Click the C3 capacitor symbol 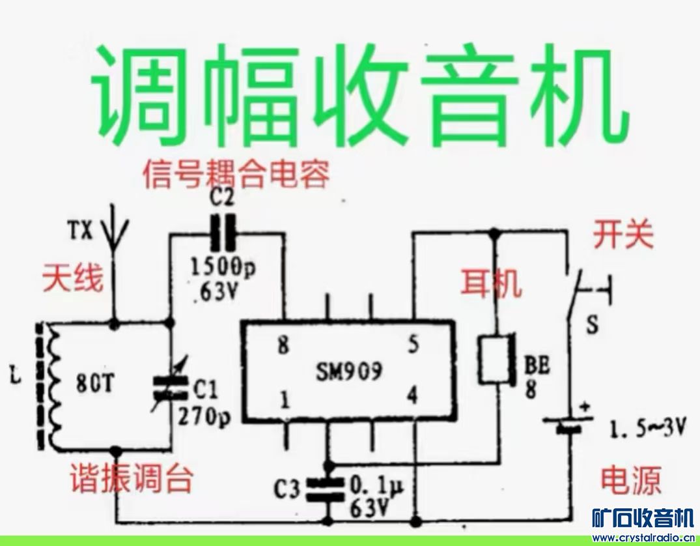326,488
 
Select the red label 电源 630,480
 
